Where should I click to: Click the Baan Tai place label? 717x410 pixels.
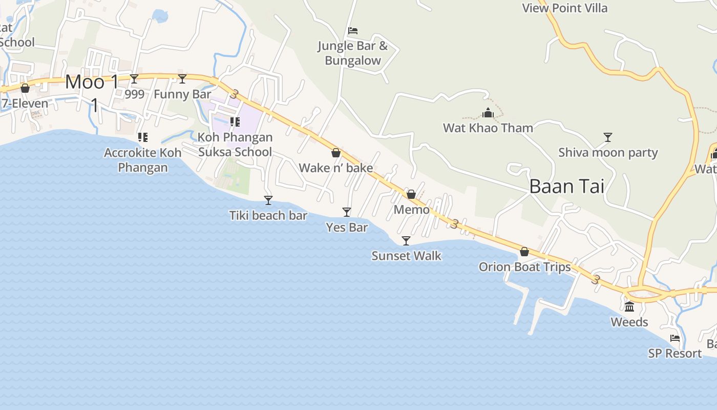click(x=566, y=186)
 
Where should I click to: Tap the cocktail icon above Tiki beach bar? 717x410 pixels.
click(x=268, y=200)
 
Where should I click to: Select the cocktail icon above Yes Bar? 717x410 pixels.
click(x=347, y=212)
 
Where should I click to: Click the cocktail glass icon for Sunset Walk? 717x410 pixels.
click(x=406, y=240)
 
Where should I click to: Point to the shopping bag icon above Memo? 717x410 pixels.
click(x=411, y=194)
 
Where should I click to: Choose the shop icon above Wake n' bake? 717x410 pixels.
click(x=336, y=153)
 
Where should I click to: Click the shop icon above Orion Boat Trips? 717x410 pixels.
click(x=524, y=252)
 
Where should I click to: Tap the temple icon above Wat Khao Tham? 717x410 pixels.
click(x=488, y=113)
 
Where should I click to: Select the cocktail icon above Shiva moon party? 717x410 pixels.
click(x=608, y=137)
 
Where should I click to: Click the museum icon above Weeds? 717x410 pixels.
click(x=629, y=307)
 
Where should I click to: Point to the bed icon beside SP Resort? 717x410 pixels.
click(x=675, y=338)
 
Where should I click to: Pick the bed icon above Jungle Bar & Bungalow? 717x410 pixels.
click(x=352, y=31)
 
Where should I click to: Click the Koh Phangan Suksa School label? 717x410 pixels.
click(x=235, y=145)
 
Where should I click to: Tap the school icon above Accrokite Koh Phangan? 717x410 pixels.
click(x=143, y=137)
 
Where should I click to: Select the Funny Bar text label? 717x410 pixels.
click(x=182, y=94)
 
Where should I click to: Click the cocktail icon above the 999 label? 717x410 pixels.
click(x=134, y=78)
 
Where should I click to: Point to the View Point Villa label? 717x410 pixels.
click(x=564, y=8)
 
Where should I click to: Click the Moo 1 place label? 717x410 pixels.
click(x=92, y=82)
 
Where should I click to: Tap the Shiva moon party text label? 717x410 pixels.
click(x=608, y=153)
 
